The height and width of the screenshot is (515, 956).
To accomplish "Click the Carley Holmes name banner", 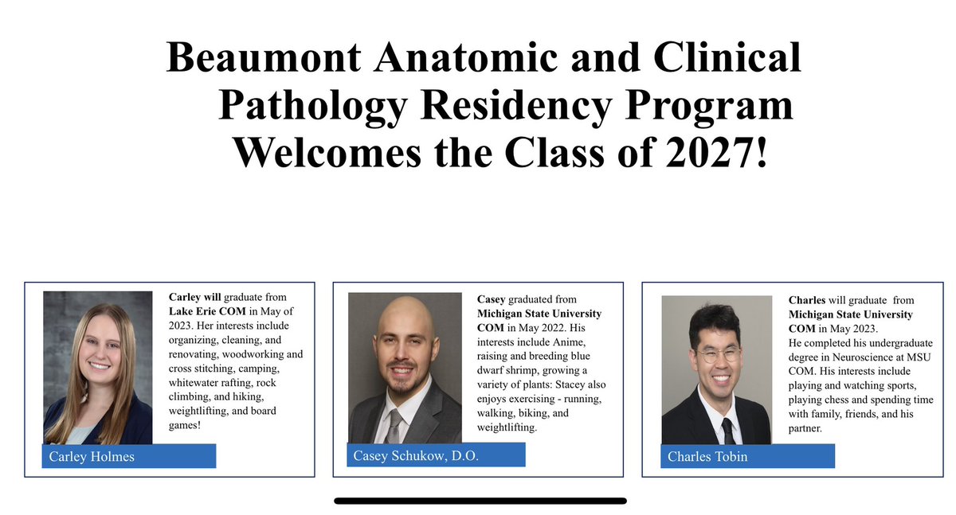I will pos(128,455).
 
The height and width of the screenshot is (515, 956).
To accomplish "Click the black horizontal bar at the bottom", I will pos(480,501).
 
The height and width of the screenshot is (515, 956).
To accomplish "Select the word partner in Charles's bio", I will pos(806,429).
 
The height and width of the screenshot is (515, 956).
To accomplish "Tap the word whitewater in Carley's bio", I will pos(196,383).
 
